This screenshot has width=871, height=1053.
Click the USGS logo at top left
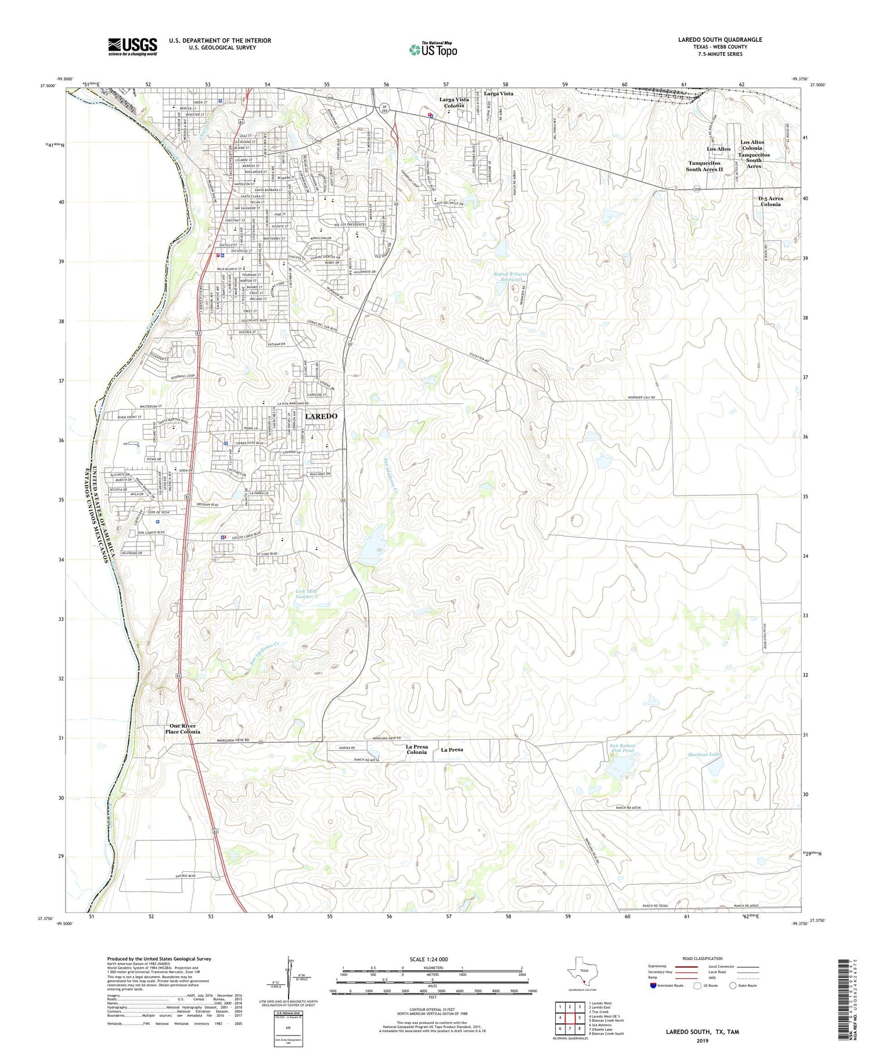pos(132,46)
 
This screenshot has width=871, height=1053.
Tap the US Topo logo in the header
pos(433,50)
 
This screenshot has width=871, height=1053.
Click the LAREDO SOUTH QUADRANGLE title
pos(720,39)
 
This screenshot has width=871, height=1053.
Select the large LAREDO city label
pos(321,416)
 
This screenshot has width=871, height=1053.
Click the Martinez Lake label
pos(704,754)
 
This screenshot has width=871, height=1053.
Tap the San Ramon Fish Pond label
pos(621,748)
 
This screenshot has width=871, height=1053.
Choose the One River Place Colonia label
pos(182,729)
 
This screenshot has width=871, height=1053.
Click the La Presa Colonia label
pos(416,750)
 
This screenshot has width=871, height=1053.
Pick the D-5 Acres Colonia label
pos(771,202)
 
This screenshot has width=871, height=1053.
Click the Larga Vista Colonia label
pos(454,103)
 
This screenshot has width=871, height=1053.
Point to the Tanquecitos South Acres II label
pos(704,166)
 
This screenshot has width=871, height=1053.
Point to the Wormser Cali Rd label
pos(641,397)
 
